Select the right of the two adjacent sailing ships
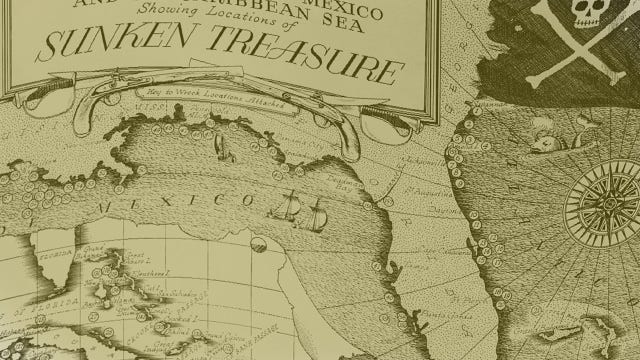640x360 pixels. pos(317,212)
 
